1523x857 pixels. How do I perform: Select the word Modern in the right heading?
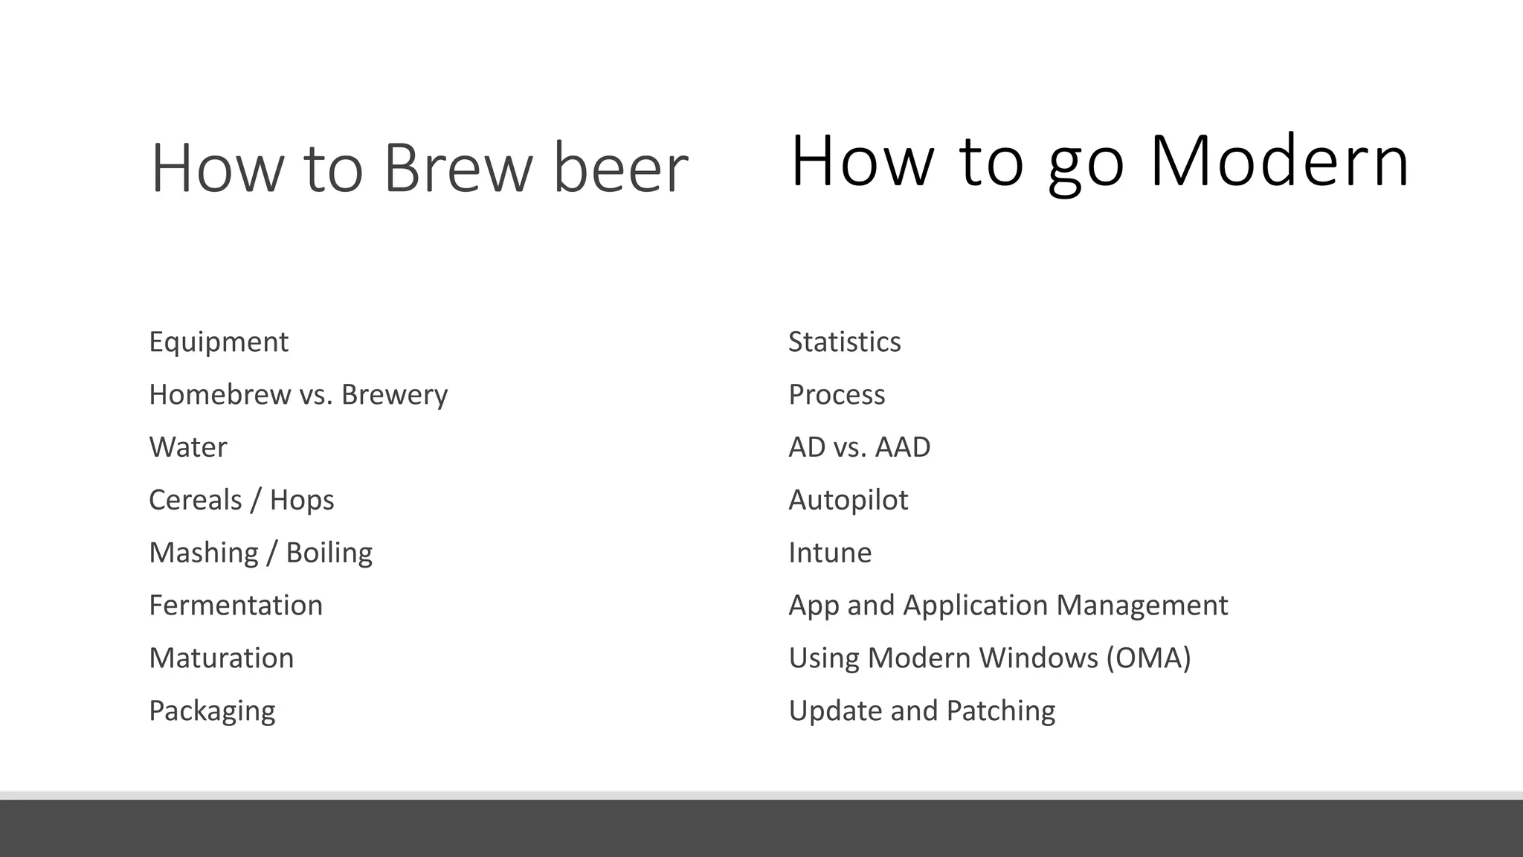tap(1279, 161)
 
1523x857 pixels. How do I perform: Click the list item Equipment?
tap(219, 342)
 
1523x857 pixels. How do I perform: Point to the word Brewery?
tap(394, 395)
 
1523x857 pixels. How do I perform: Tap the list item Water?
tap(188, 447)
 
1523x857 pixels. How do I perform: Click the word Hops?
tap(302, 500)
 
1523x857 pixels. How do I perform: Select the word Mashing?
tap(204, 553)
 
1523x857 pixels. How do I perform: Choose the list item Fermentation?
tap(236, 606)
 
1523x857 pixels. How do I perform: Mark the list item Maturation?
tap(222, 658)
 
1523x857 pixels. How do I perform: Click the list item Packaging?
tap(212, 711)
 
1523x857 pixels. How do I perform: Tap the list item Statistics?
tap(844, 342)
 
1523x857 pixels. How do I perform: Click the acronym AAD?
tap(903, 447)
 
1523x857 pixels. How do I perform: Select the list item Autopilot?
tap(848, 500)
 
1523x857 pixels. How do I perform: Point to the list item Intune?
tap(830, 553)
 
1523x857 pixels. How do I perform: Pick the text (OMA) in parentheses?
tap(1148, 658)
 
